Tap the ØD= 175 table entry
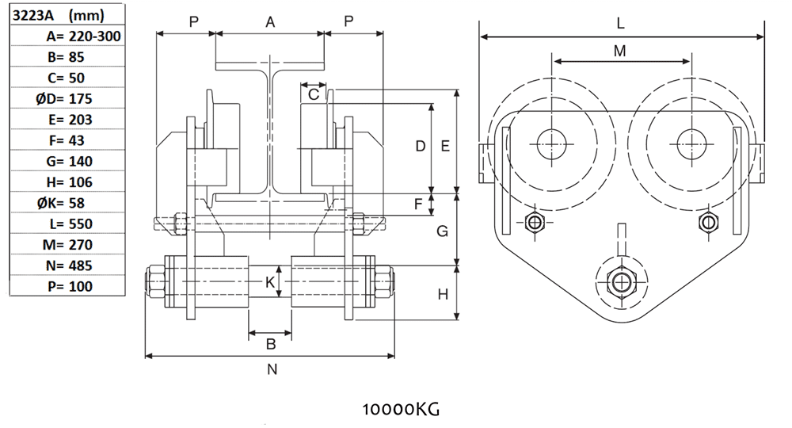(70, 98)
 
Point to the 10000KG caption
(400, 410)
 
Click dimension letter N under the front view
(272, 369)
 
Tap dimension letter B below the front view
(270, 344)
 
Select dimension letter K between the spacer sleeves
(269, 282)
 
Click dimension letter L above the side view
(621, 24)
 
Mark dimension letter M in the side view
(620, 51)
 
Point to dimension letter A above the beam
(270, 23)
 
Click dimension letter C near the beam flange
(313, 94)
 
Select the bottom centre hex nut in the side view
(617, 281)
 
